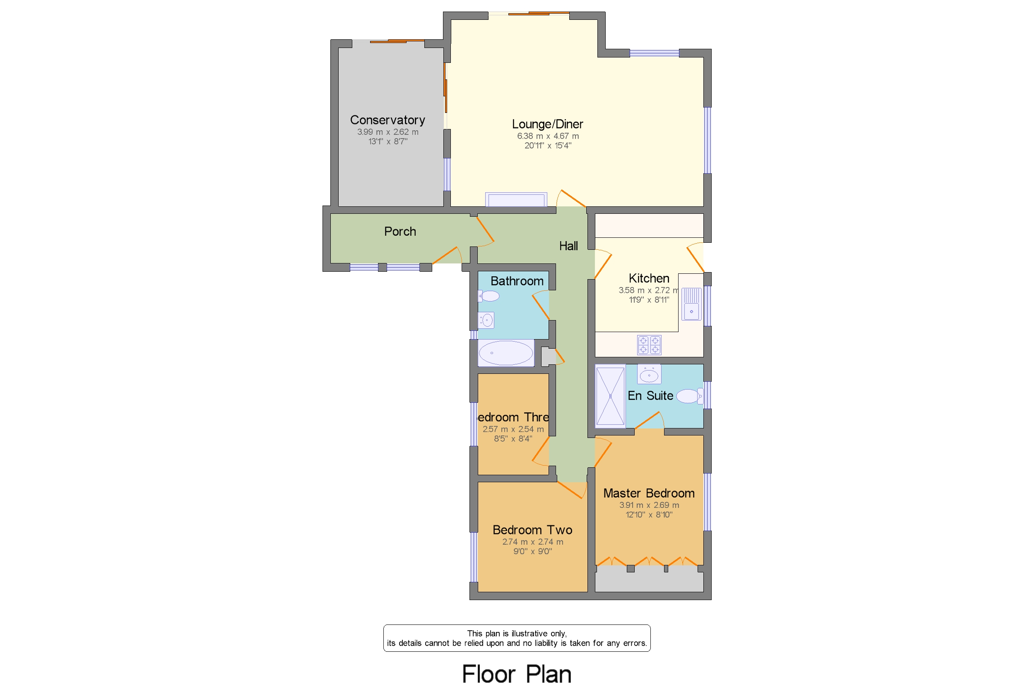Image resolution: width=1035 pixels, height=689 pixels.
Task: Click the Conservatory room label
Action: pos(387,120)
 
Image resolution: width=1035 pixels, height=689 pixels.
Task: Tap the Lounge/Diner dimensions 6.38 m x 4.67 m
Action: pos(548,136)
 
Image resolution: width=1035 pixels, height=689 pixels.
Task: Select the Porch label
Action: pos(400,232)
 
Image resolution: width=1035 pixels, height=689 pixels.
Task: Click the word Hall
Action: pos(568,246)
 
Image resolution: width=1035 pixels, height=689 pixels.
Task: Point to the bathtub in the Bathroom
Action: pos(505,353)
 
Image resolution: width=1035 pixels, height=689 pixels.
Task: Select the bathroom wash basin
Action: pos(486,321)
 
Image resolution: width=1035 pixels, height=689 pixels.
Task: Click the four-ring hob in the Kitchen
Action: pos(649,345)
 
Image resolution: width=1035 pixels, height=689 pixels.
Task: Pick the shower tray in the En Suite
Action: pos(610,396)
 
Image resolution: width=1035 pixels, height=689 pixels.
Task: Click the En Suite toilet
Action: pos(689,396)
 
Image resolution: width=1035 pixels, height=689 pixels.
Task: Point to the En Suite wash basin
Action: pos(649,375)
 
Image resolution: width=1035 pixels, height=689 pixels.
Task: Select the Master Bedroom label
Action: pos(648,493)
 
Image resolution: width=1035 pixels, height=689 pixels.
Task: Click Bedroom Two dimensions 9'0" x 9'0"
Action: pos(532,551)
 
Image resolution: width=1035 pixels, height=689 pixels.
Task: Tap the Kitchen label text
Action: pos(648,278)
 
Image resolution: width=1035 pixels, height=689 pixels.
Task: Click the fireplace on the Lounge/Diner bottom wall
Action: pos(516,199)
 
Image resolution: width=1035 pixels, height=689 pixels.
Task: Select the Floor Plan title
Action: pos(516,674)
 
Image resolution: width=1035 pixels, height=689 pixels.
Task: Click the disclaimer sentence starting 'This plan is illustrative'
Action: pos(516,633)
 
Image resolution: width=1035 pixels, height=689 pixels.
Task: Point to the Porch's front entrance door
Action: pos(446,255)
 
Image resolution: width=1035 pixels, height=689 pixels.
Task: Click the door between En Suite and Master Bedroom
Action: pos(648,421)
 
